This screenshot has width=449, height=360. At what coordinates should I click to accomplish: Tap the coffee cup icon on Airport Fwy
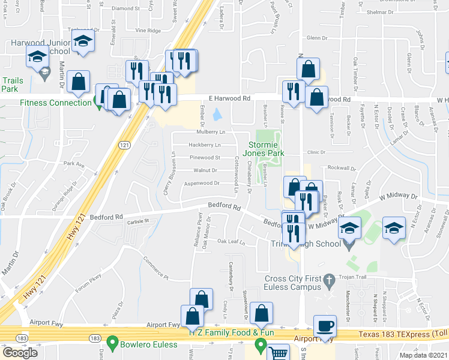325,326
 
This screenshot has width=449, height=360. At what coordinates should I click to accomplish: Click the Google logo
20,352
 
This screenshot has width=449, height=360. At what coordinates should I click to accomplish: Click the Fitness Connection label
55,103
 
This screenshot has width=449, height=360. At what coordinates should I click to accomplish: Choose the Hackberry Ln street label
205,145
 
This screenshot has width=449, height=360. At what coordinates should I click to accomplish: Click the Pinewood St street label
205,158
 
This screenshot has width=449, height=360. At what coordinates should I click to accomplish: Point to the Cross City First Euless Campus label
294,283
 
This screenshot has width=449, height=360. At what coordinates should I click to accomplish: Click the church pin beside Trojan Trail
328,280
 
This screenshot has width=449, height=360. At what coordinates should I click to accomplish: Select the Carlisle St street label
138,221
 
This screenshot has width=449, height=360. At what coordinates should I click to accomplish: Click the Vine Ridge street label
148,30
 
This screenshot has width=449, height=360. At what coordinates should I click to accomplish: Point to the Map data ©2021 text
424,355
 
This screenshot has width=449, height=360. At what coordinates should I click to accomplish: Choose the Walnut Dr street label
205,170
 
